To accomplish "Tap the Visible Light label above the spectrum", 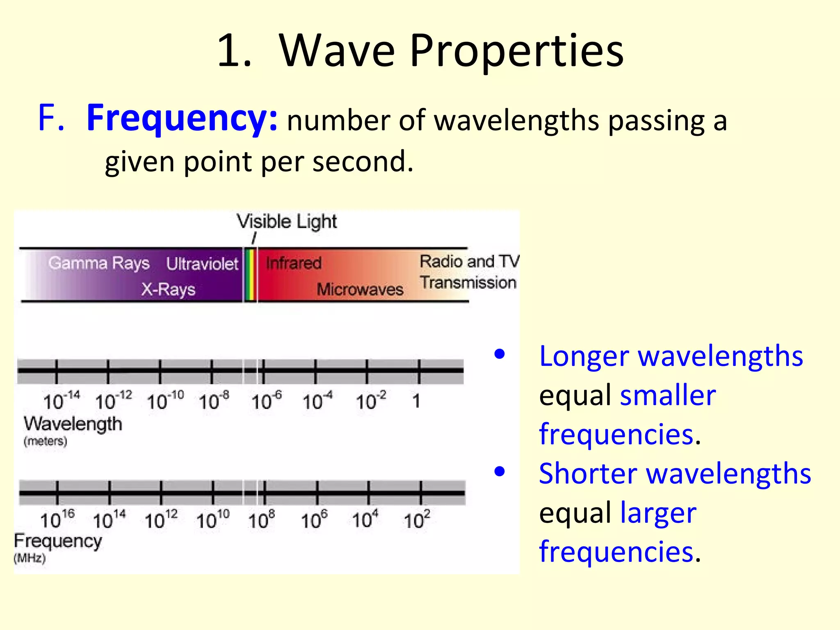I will (287, 221).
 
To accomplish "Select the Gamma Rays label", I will (99, 263).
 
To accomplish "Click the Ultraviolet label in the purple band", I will (202, 264).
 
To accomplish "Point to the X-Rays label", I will (168, 289).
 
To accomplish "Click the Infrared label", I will (293, 263).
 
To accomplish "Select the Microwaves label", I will (360, 290).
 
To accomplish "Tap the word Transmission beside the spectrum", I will (468, 283).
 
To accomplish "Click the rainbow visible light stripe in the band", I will (250, 275).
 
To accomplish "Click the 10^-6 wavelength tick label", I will (267, 401).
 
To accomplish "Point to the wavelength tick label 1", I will (416, 401).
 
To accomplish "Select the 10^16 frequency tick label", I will (57, 520).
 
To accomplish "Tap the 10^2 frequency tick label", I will (417, 520).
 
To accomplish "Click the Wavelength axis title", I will (73, 424).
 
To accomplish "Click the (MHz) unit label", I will (30, 558).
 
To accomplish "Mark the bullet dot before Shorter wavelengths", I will (500, 472).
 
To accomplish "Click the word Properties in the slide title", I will (516, 51).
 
